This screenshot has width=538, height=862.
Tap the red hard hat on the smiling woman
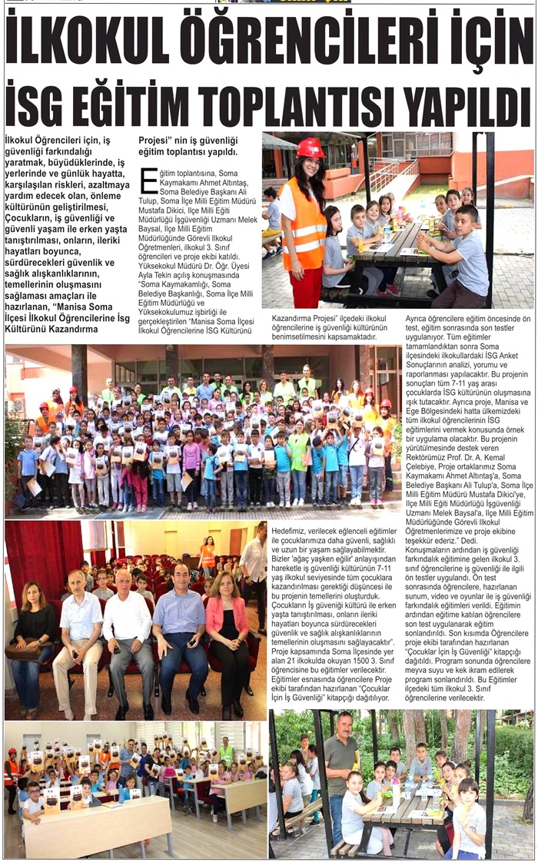[310, 148]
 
